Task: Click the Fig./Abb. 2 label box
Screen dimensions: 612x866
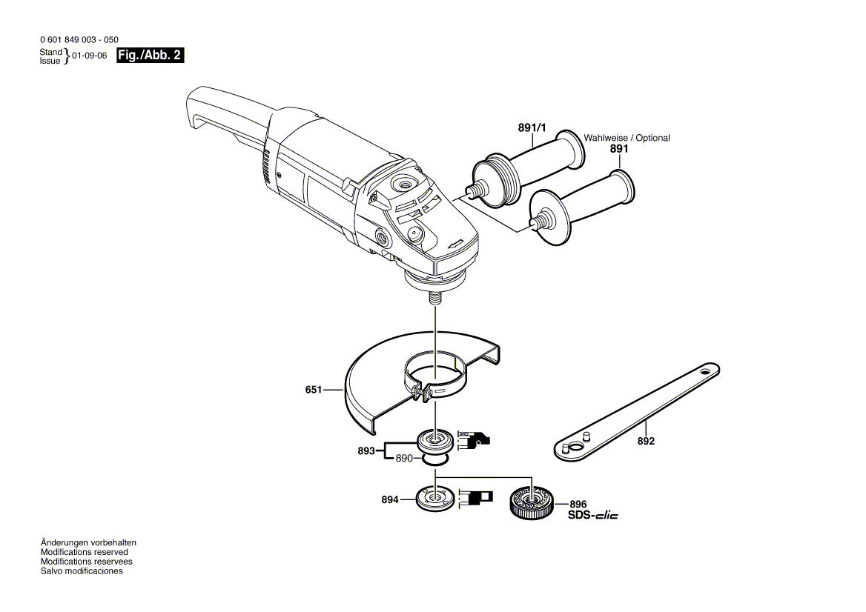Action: pos(151,56)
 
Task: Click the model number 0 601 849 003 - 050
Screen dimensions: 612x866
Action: pos(79,39)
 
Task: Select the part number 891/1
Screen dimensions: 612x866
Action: pos(532,128)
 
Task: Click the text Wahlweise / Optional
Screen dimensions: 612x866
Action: pos(627,138)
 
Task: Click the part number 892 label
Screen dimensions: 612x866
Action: pos(646,441)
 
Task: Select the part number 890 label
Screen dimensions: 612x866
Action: pos(403,459)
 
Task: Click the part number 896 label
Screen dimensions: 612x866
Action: pos(578,503)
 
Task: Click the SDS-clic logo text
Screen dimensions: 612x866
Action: pos(592,515)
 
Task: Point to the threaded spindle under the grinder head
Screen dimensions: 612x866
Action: pos(434,299)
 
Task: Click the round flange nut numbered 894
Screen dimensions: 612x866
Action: pos(434,498)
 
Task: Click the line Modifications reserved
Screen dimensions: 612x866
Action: pos(84,552)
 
